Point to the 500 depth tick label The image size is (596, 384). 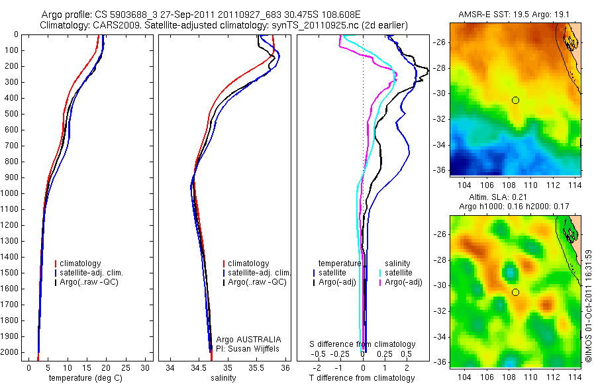[x=11, y=114]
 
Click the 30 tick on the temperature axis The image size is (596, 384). [x=147, y=367]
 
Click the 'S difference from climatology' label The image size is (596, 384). [x=363, y=344]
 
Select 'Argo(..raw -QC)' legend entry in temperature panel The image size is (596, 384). [x=91, y=283]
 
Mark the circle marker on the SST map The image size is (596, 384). [x=515, y=100]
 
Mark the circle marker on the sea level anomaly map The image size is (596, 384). [x=515, y=292]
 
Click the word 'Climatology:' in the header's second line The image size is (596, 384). [x=63, y=24]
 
